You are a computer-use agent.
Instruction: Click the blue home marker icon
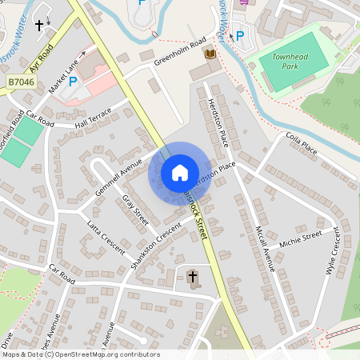180,172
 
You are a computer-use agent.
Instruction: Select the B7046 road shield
21,82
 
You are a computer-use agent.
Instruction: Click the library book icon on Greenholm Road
210,54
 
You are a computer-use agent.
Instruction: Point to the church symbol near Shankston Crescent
192,278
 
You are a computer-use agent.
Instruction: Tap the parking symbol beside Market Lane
73,81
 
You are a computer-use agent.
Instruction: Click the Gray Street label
136,208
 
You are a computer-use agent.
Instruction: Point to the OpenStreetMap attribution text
81,354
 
